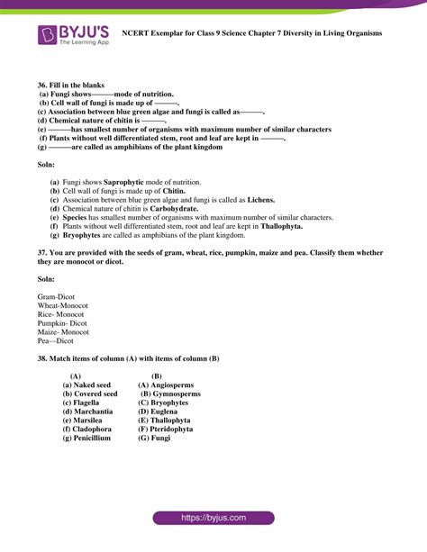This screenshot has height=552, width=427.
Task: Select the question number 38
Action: click(x=42, y=358)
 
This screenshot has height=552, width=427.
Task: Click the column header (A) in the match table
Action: click(x=76, y=376)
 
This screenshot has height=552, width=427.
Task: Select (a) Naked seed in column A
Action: click(x=86, y=385)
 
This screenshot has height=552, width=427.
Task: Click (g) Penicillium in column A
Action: click(x=86, y=439)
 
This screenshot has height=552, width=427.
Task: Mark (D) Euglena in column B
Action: click(x=160, y=412)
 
